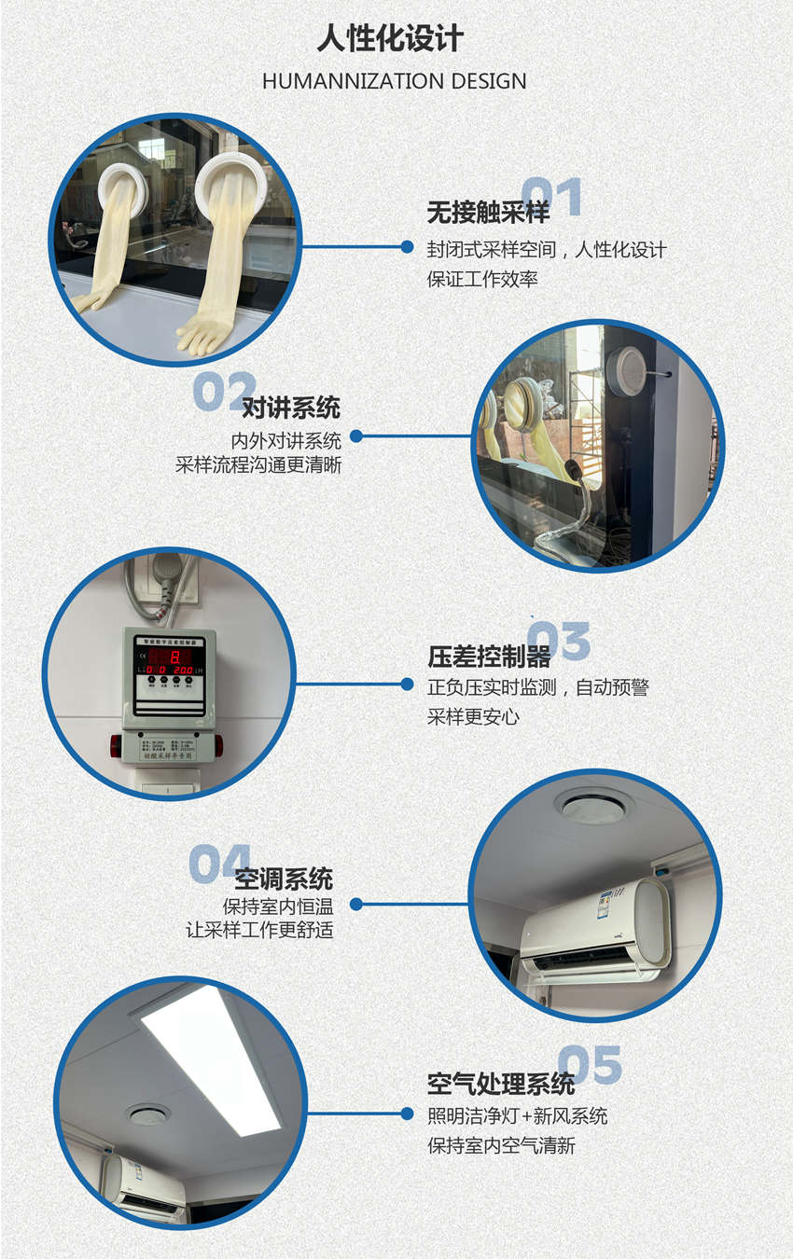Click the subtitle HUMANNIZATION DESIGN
click(394, 81)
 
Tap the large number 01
click(551, 197)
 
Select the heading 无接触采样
click(488, 214)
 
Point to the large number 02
click(224, 391)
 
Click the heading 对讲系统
click(291, 408)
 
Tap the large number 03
click(559, 641)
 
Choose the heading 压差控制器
click(489, 657)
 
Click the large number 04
click(220, 864)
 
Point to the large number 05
click(590, 1065)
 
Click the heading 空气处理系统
click(501, 1084)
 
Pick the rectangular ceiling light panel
click(212, 1058)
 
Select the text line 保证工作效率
click(482, 278)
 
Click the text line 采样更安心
click(473, 716)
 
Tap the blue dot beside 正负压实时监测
click(407, 685)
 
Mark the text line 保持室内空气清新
click(501, 1145)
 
